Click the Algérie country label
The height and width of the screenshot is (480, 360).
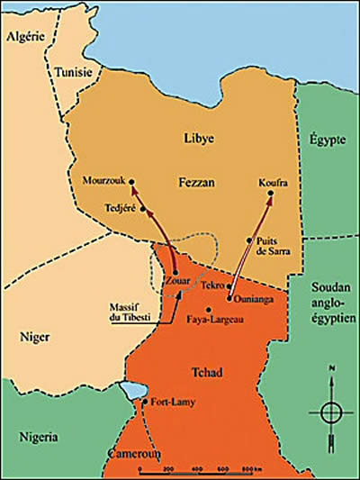click(x=26, y=36)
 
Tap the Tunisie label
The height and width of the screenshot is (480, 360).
click(x=72, y=72)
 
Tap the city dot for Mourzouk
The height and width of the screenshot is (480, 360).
click(x=131, y=181)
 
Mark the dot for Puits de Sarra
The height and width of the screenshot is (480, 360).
click(x=248, y=240)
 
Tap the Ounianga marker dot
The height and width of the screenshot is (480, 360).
click(x=230, y=297)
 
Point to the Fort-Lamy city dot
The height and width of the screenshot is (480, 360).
click(x=144, y=402)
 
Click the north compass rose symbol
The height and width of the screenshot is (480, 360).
click(x=330, y=410)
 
